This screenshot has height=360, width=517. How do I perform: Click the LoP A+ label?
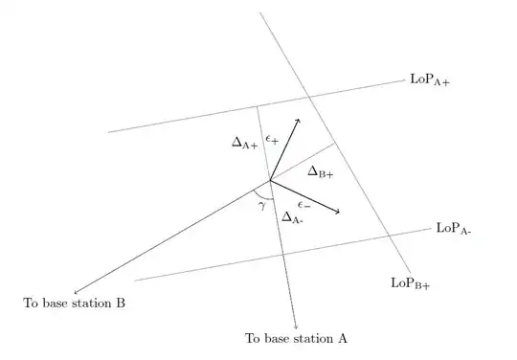click(x=430, y=81)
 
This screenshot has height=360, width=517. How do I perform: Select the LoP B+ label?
click(x=410, y=282)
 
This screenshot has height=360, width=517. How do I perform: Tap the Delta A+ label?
click(x=245, y=142)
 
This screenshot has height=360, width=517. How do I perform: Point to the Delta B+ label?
click(x=320, y=172)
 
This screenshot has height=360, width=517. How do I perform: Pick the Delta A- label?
click(x=293, y=217)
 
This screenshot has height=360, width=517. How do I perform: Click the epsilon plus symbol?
click(x=273, y=140)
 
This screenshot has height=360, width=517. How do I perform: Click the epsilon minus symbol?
click(x=303, y=204)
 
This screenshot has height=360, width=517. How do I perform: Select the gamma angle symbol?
click(x=262, y=206)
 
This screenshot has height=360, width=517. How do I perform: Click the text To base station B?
click(x=75, y=304)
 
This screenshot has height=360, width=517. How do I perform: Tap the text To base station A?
click(x=296, y=339)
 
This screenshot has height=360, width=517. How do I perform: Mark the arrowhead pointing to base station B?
click(x=76, y=292)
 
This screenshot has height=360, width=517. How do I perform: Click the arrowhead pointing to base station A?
click(x=297, y=327)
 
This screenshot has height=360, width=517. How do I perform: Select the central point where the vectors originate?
click(x=270, y=180)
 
